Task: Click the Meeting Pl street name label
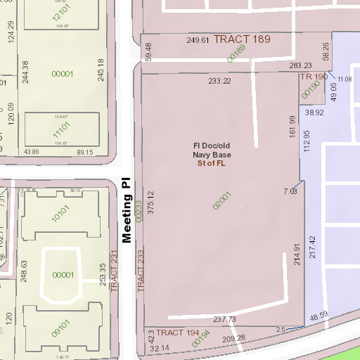127,210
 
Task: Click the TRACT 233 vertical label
140,271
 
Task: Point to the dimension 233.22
219,81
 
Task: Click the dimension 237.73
224,319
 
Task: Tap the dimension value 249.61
198,40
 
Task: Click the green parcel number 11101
61,130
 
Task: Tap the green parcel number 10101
61,209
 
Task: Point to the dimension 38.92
314,112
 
